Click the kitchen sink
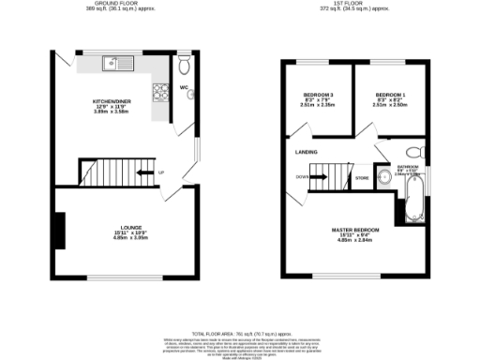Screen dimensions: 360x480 click(121, 66)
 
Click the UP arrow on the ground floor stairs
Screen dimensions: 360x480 click(146, 172)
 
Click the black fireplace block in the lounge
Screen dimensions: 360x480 click(59, 231)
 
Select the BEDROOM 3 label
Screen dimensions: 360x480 click(318, 96)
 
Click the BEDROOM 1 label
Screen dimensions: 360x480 click(390, 96)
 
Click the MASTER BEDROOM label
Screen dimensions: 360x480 click(354, 230)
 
